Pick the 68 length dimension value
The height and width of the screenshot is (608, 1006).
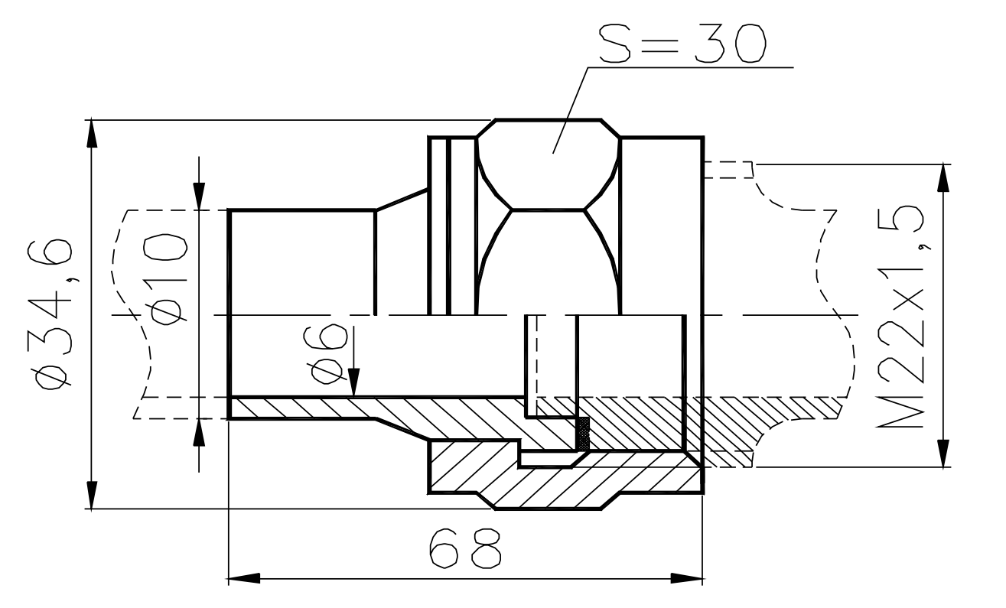[x=466, y=545]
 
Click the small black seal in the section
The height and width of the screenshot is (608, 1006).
[x=584, y=433]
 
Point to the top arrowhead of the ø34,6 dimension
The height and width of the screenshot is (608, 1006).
[x=92, y=134]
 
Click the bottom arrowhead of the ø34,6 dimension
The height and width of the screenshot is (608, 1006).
[x=92, y=493]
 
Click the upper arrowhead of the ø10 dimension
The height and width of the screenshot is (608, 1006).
[x=200, y=196]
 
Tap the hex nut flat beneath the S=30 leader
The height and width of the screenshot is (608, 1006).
[x=547, y=164]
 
